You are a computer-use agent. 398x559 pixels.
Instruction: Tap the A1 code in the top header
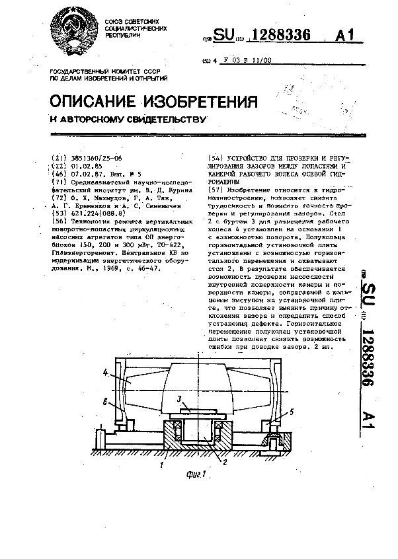click(350, 37)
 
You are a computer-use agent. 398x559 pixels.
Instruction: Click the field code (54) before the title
click(216, 159)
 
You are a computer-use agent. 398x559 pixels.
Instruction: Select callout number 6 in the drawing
click(104, 401)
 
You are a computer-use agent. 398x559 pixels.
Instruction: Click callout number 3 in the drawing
click(179, 399)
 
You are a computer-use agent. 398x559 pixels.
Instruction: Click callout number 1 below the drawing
click(160, 466)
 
